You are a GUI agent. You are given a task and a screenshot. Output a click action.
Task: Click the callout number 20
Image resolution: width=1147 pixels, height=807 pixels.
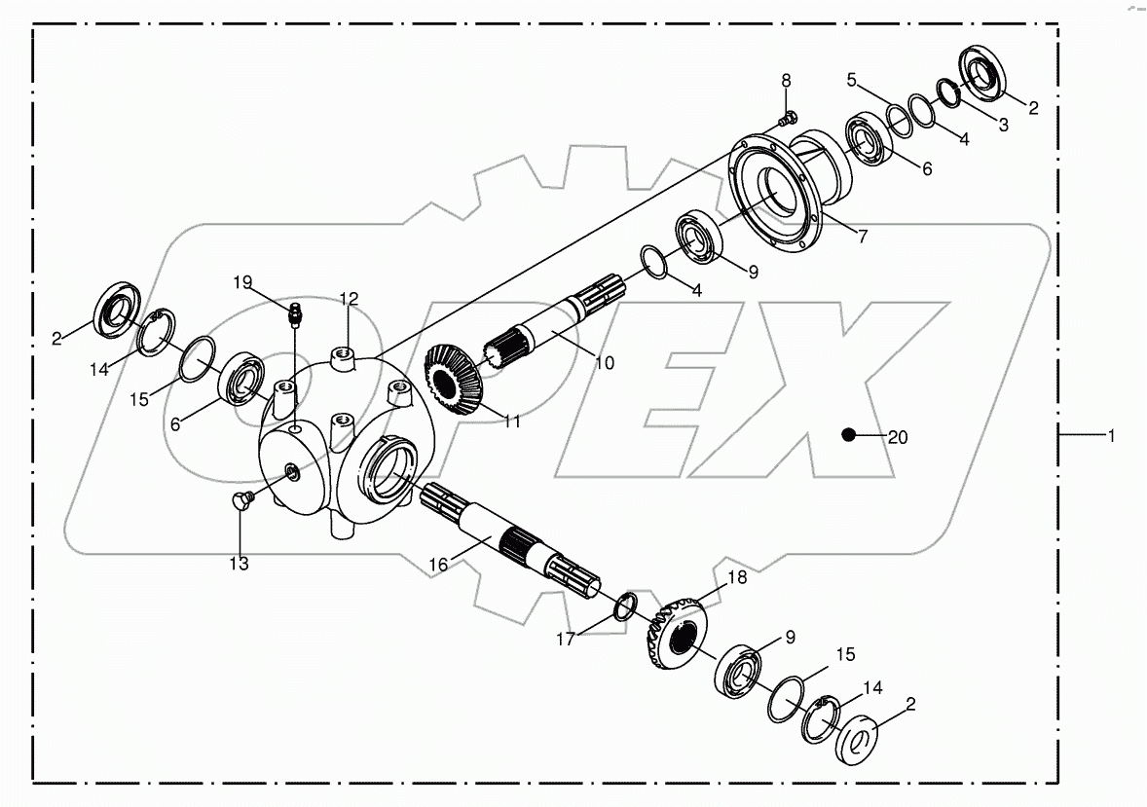898,438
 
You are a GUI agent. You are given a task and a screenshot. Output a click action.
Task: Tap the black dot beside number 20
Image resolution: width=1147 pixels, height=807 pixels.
850,434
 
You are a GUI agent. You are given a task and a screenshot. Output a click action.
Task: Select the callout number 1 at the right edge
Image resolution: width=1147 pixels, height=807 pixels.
1110,437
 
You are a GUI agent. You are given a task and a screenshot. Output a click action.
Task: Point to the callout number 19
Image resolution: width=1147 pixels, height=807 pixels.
242,282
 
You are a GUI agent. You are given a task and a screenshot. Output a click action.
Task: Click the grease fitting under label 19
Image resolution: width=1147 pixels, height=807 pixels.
294,313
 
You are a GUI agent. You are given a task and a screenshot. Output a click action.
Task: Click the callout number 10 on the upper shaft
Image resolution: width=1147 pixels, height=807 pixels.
604,363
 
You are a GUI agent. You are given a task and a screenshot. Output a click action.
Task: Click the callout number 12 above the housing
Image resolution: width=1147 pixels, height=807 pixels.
349,298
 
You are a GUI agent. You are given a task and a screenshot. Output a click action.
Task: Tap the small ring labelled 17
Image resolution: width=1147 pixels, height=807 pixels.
625,606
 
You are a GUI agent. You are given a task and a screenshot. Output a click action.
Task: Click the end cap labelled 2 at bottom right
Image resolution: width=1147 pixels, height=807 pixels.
858,737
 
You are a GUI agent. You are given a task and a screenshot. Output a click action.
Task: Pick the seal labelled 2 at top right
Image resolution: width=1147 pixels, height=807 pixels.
987,75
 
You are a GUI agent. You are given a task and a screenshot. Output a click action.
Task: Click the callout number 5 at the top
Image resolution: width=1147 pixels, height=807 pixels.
851,81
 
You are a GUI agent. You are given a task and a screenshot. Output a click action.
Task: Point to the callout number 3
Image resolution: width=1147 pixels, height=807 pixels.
1003,125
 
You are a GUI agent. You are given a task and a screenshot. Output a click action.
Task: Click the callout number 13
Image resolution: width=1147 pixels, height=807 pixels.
240,564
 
